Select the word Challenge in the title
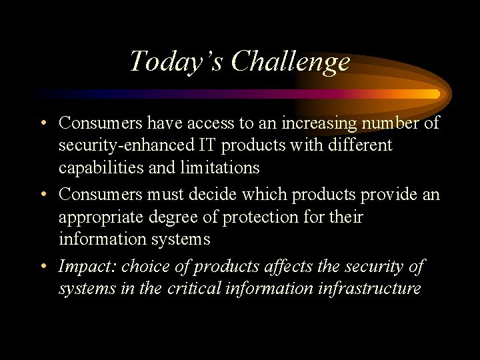[291, 61]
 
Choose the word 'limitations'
[220, 167]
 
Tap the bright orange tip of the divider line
[435, 94]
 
